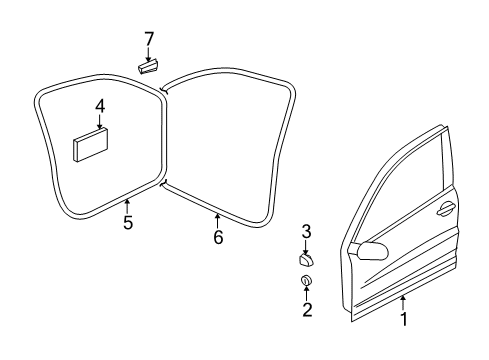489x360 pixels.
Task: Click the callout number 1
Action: (x=404, y=319)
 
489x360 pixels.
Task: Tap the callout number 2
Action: (x=307, y=310)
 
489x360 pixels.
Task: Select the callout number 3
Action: (x=306, y=231)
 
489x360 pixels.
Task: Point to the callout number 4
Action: (x=100, y=107)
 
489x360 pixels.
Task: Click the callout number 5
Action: (x=128, y=222)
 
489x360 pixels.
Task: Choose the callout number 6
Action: (x=218, y=237)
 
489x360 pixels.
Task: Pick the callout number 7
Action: (x=149, y=39)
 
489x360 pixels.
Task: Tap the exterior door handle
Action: (x=446, y=209)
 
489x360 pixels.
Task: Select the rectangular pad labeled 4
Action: (x=91, y=145)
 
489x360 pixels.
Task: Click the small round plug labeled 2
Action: (x=306, y=280)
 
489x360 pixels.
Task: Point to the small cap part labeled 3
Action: (x=306, y=259)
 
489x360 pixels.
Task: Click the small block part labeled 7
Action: (x=148, y=66)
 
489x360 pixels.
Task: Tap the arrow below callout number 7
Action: (x=148, y=55)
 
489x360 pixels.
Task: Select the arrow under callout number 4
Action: (x=100, y=122)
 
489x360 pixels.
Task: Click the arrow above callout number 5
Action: (x=127, y=206)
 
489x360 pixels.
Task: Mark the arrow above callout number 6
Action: (x=217, y=221)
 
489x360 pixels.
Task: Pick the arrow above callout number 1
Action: (x=403, y=303)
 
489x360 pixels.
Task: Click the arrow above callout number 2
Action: (x=306, y=293)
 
